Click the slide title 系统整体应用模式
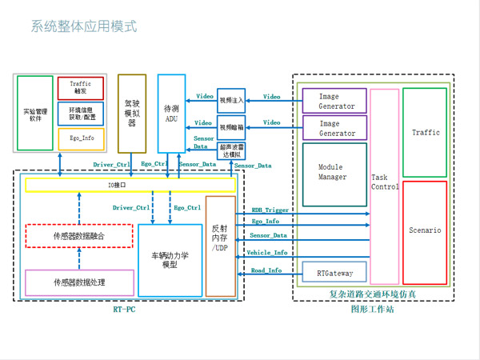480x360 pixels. click(84, 26)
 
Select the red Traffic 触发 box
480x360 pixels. click(81, 88)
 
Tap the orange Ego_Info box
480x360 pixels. click(81, 138)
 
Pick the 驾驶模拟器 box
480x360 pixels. click(132, 113)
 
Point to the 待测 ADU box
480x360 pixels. click(171, 113)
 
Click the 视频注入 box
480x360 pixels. click(231, 99)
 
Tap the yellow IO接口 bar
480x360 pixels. click(130, 185)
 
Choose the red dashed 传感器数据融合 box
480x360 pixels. click(78, 236)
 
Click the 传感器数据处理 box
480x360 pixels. click(78, 282)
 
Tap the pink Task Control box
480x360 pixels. click(384, 186)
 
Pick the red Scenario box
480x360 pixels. click(425, 230)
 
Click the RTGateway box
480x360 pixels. click(334, 272)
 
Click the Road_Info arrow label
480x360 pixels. click(266, 270)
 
